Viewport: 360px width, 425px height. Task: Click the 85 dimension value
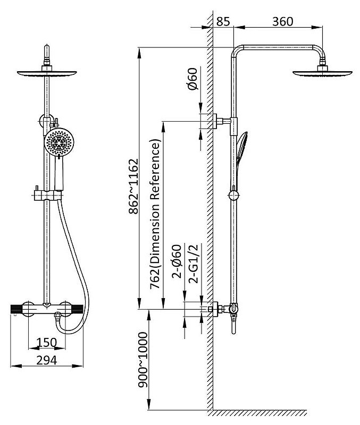click(223, 22)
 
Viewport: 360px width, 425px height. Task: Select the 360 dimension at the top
click(283, 22)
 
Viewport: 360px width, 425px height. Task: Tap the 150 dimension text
click(47, 343)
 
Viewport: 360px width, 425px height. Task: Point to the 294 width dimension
click(47, 361)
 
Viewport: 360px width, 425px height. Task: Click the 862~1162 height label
click(133, 186)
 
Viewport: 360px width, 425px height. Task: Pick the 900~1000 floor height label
click(143, 360)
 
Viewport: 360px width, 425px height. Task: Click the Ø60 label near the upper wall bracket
click(192, 79)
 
